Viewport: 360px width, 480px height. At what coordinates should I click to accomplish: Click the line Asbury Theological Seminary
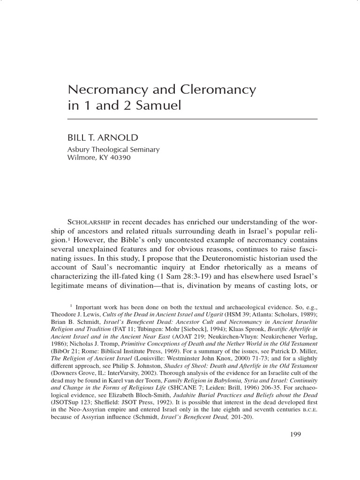point(114,150)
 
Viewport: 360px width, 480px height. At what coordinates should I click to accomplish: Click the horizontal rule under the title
point(193,120)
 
